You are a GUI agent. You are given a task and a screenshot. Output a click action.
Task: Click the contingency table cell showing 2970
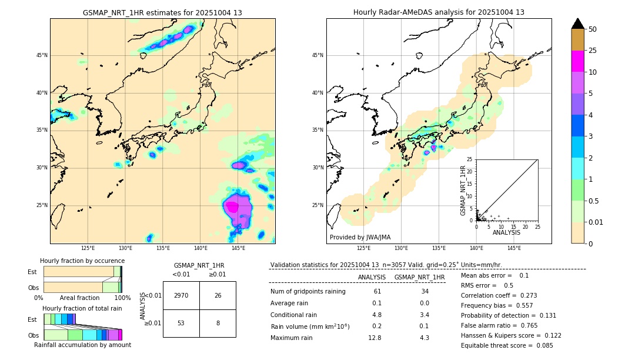click(x=181, y=295)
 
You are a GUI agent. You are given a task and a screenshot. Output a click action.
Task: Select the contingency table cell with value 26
click(x=218, y=295)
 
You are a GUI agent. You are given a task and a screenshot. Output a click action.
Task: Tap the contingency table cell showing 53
click(x=181, y=323)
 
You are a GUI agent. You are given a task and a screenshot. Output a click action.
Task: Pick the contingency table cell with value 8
click(x=218, y=323)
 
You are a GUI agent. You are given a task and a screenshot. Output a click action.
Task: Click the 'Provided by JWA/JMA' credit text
click(x=360, y=237)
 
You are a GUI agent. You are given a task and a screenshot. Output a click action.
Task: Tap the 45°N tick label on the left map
click(x=41, y=55)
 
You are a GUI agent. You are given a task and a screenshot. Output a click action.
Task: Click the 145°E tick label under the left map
click(x=238, y=249)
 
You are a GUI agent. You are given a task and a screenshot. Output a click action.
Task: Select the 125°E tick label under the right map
click(x=365, y=249)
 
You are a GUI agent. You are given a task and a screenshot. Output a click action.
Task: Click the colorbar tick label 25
click(x=593, y=51)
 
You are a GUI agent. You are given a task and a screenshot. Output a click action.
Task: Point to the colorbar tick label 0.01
click(x=596, y=222)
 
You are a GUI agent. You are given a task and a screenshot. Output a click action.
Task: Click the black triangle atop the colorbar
click(x=578, y=24)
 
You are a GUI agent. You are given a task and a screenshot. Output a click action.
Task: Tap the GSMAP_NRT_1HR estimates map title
click(x=162, y=12)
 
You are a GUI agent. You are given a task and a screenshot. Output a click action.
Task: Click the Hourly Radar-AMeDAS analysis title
click(x=439, y=12)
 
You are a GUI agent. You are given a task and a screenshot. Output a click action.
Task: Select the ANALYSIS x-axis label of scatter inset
click(x=506, y=232)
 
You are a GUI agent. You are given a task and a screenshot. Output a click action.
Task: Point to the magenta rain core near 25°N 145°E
click(x=232, y=206)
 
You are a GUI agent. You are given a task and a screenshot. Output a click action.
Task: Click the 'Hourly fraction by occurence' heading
click(x=82, y=261)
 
